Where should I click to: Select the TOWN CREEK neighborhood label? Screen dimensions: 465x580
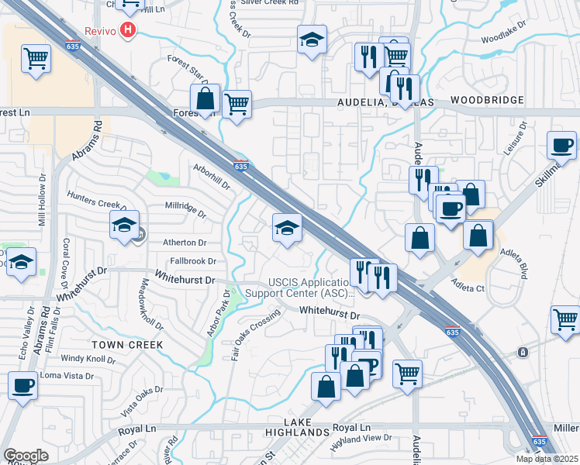click(x=128, y=344)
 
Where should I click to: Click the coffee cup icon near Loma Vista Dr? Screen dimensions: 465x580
click(x=22, y=386)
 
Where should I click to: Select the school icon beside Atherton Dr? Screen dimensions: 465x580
click(x=124, y=226)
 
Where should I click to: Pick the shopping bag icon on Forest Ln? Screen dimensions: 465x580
click(x=205, y=100)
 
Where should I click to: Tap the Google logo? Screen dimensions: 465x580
click(x=26, y=456)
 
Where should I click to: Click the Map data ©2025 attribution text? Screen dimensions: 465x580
click(x=547, y=459)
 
